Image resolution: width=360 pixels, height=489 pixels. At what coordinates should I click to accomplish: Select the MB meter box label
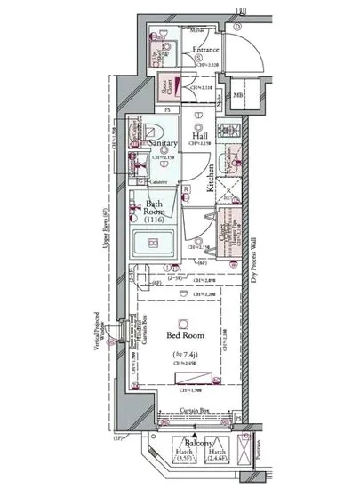[237, 95]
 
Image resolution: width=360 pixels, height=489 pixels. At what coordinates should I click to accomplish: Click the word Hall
[198, 136]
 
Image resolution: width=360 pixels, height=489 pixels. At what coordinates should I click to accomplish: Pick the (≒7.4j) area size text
[183, 355]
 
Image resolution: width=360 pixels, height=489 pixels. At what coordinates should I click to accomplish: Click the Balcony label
[197, 442]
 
